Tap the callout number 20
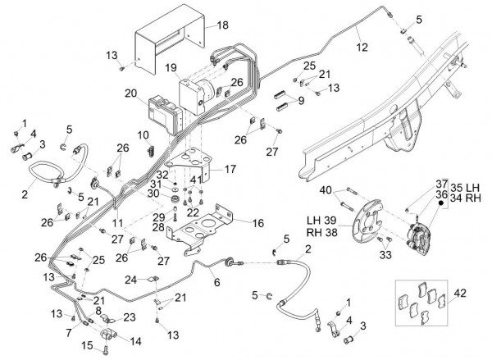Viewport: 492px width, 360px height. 130,93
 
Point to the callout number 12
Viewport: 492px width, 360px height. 362,48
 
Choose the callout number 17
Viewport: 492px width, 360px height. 230,170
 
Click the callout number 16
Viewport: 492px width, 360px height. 257,222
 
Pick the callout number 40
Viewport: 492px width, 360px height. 327,190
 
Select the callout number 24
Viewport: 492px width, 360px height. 129,279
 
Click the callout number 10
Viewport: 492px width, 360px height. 143,134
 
